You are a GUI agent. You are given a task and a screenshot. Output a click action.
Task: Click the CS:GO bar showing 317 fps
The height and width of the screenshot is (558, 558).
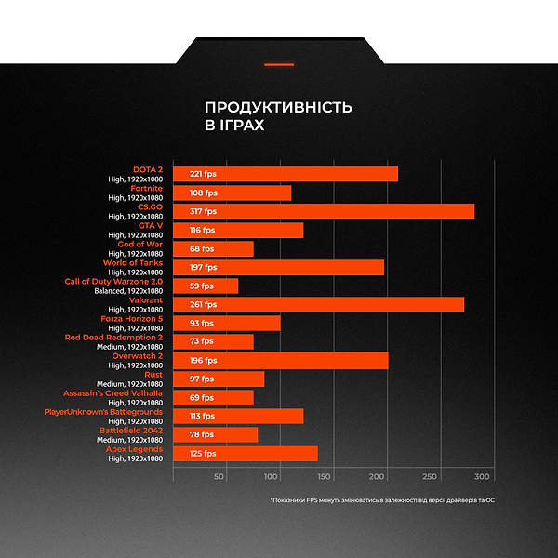[324, 211]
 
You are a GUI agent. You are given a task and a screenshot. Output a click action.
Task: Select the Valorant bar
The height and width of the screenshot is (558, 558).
[318, 304]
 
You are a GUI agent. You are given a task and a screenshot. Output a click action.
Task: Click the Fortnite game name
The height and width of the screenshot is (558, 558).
[146, 188]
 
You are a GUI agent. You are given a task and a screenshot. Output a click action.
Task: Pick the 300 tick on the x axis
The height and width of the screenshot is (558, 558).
[483, 477]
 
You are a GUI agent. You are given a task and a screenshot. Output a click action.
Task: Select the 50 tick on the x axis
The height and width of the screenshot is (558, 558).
[219, 477]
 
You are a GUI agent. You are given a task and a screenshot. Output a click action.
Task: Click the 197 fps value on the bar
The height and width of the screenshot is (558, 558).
[203, 267]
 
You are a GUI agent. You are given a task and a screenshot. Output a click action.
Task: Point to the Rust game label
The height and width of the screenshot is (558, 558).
[153, 374]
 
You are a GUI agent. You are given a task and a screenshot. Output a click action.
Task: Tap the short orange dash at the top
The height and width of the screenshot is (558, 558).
[279, 64]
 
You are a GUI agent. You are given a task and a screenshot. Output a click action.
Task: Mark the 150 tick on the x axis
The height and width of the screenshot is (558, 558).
[325, 477]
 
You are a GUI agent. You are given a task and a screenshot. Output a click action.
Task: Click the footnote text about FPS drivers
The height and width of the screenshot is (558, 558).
[382, 500]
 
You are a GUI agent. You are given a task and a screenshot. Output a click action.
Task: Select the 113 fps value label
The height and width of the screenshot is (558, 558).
[203, 416]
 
